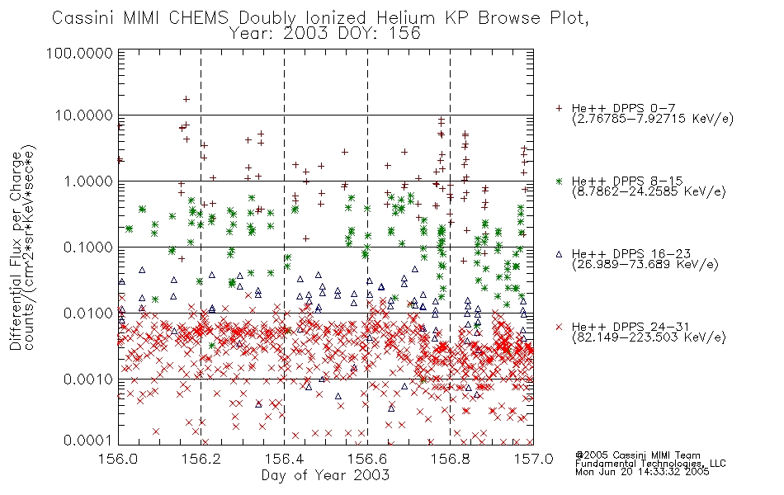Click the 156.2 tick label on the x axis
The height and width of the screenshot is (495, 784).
(x=201, y=459)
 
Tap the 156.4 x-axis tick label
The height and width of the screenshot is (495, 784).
(x=284, y=459)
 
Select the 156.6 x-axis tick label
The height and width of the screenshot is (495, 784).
(x=367, y=459)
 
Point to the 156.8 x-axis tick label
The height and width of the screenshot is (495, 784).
(x=450, y=459)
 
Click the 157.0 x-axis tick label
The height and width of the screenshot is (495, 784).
(x=533, y=459)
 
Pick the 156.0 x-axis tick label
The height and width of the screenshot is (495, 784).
(x=118, y=459)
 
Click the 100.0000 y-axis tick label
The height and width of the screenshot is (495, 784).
(x=79, y=53)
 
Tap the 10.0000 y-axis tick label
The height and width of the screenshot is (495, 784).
(x=83, y=115)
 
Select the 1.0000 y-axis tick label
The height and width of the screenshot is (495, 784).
(x=87, y=181)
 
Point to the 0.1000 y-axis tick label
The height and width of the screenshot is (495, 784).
(x=87, y=247)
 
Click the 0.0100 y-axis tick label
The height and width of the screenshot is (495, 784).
(x=87, y=313)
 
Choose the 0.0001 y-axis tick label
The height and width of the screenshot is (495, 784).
(x=87, y=440)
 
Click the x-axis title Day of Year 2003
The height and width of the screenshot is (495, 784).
(x=325, y=475)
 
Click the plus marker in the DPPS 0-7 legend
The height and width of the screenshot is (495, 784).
(x=559, y=108)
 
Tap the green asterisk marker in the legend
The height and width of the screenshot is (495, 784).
(x=559, y=181)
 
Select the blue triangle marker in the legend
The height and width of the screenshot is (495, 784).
(x=559, y=254)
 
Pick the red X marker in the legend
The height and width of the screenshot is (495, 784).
(x=559, y=327)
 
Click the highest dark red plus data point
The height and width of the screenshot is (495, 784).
(x=186, y=99)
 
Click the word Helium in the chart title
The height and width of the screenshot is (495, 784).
(x=405, y=18)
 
